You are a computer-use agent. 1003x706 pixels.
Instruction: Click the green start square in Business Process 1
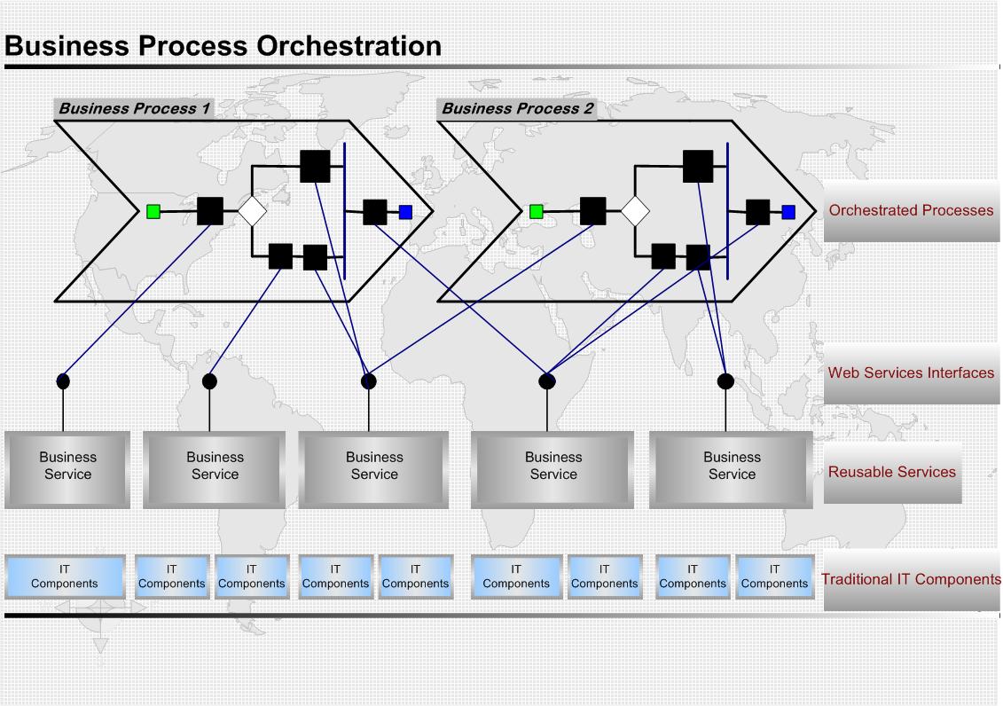coord(153,212)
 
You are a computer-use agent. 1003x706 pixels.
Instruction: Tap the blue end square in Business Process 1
coord(405,212)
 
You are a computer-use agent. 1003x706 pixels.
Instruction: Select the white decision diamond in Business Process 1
coord(253,211)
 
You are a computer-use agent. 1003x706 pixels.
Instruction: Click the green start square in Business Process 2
coord(537,212)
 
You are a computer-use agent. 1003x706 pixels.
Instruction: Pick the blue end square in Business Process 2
coord(788,212)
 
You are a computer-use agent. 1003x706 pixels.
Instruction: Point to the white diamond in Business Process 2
coord(636,211)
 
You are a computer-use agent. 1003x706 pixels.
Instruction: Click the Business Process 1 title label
coord(134,109)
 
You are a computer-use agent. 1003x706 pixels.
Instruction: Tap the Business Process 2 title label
coord(518,109)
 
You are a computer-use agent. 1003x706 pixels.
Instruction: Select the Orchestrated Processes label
coord(911,210)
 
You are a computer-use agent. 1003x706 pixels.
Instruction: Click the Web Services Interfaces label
coord(911,373)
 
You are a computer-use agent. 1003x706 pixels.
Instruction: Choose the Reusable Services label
coord(891,472)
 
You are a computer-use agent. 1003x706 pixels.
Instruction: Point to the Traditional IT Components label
coord(911,579)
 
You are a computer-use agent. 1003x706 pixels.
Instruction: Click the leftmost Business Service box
coord(67,470)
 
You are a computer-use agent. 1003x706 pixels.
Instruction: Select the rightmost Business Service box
coord(731,470)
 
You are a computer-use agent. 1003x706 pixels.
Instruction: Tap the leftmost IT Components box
coord(65,577)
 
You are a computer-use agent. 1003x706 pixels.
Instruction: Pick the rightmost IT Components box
coord(774,577)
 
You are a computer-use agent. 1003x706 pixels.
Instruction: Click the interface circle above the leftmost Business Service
coord(63,381)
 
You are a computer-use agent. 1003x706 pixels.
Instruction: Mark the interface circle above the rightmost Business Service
coord(725,381)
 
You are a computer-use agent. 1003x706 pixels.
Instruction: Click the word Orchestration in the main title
coord(349,46)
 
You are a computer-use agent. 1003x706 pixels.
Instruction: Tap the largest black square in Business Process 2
coord(698,166)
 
